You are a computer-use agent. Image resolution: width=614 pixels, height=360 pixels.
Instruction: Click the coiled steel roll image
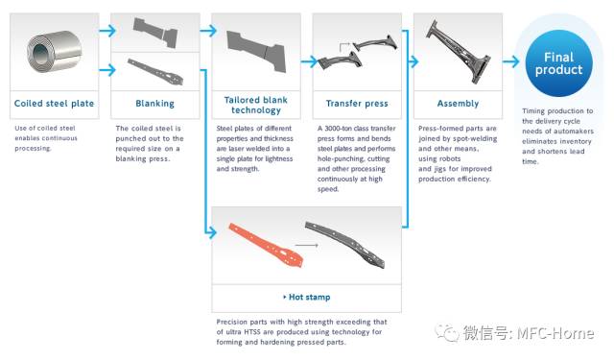click(x=54, y=51)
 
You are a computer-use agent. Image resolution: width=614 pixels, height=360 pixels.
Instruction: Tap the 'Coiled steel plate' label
click(x=54, y=104)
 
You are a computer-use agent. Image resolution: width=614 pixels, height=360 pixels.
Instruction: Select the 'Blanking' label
click(x=155, y=104)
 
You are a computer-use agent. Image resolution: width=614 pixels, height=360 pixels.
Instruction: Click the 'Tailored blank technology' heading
click(x=256, y=105)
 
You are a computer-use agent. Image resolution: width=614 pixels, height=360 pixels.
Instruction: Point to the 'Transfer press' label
click(x=357, y=104)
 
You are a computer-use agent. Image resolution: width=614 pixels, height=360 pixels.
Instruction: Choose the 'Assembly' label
click(x=459, y=104)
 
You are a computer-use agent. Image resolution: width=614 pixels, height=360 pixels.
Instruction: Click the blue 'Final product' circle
click(x=558, y=63)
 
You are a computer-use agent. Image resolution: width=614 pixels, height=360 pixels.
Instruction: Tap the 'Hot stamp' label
click(x=309, y=297)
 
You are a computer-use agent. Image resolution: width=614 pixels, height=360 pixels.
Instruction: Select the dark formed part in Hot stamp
click(x=344, y=245)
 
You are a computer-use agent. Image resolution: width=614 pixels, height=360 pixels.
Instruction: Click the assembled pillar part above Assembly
click(x=458, y=51)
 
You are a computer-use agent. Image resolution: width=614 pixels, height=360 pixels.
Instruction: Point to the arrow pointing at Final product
click(x=511, y=61)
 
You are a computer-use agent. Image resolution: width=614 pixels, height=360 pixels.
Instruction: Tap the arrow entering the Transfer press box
click(x=309, y=61)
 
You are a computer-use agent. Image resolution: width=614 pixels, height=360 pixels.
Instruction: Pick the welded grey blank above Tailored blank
click(x=256, y=51)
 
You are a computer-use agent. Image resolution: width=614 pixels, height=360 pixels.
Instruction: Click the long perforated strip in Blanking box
click(x=155, y=71)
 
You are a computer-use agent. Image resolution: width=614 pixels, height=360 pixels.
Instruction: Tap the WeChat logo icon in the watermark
click(x=447, y=333)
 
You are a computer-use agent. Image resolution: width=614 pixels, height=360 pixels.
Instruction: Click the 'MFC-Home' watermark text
click(x=555, y=333)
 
